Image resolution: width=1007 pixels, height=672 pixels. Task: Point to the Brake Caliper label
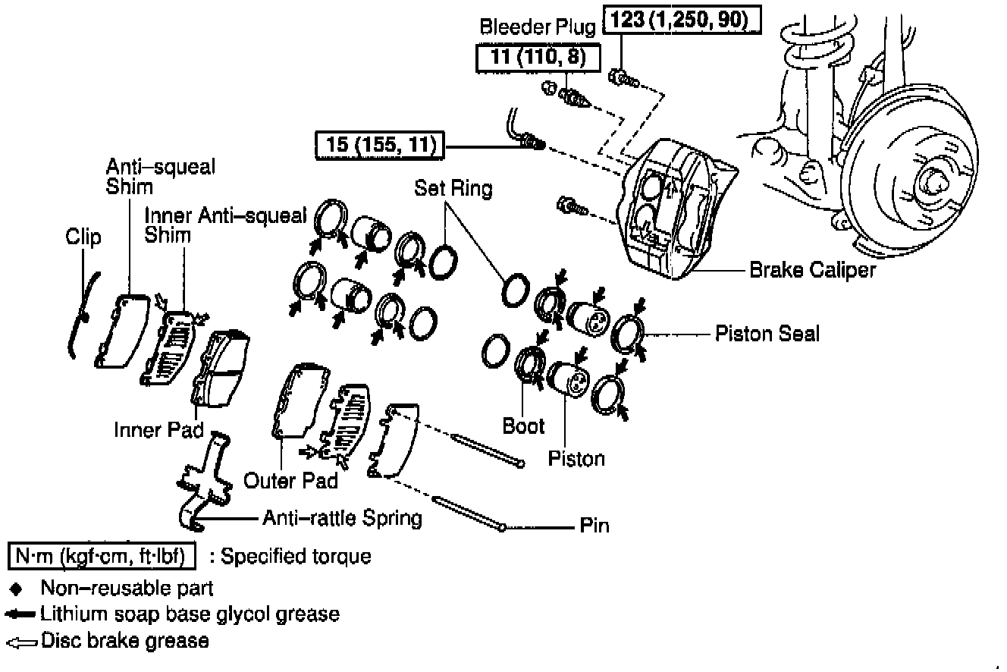click(812, 270)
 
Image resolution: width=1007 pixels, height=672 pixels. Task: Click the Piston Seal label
click(767, 334)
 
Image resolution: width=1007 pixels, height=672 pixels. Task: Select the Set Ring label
click(453, 187)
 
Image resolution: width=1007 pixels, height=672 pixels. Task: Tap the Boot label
click(523, 426)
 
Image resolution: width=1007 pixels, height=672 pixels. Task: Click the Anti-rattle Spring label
click(342, 519)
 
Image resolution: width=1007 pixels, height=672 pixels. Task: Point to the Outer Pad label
click(290, 480)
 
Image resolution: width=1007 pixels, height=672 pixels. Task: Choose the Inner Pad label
click(158, 430)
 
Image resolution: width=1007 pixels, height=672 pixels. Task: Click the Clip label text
click(83, 237)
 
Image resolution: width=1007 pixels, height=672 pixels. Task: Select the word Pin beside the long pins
click(594, 526)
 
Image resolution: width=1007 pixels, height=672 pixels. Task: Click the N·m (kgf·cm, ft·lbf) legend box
click(102, 557)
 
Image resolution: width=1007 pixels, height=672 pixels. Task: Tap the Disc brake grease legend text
click(124, 641)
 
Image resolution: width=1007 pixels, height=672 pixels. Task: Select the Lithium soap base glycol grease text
click(190, 614)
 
